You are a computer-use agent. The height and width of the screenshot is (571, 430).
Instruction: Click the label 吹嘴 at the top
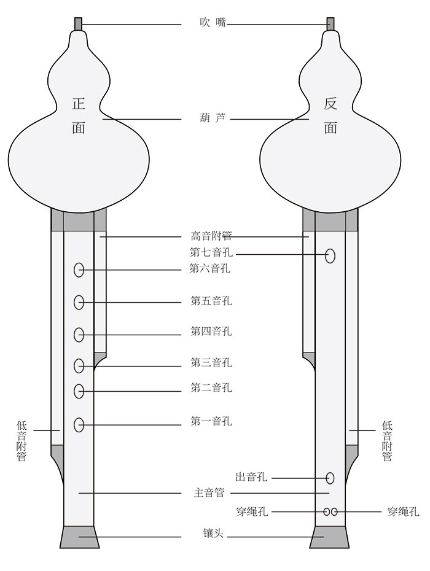tap(213, 23)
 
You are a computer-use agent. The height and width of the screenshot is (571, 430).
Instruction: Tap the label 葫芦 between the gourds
tap(213, 117)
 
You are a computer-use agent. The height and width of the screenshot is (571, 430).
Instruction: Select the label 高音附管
tap(211, 236)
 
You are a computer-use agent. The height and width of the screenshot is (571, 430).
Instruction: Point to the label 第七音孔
tap(211, 252)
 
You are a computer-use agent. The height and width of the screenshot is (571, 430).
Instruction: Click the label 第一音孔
tap(211, 422)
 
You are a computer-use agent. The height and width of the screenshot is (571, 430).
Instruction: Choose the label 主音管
tap(209, 492)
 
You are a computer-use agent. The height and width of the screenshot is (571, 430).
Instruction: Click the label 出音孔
tap(251, 477)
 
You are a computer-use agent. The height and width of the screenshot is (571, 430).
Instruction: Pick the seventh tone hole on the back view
tap(330, 256)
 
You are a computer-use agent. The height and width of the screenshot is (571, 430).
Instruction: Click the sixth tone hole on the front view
tap(79, 269)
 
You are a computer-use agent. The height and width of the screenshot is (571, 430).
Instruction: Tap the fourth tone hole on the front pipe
tap(79, 335)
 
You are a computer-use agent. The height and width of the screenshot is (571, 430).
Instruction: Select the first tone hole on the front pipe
tap(79, 424)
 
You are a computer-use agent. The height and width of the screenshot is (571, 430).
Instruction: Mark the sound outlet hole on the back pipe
tap(330, 478)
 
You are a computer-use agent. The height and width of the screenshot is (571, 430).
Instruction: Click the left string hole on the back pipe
tap(327, 511)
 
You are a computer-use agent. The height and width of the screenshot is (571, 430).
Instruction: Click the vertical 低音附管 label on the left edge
tap(21, 441)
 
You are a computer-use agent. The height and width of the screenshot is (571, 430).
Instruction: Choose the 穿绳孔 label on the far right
tap(404, 511)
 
